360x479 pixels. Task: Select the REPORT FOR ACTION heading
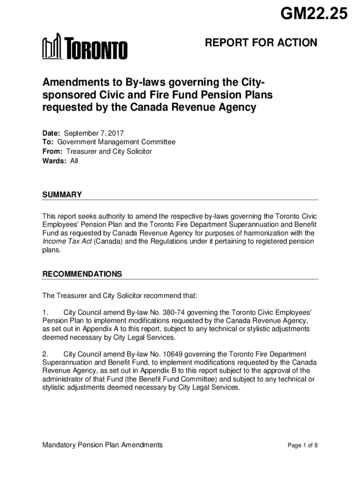coord(261,44)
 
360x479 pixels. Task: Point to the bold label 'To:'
coord(49,142)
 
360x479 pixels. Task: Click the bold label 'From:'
coord(53,152)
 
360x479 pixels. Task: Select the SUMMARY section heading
coord(62,195)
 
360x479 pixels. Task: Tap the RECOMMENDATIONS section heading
coord(82,274)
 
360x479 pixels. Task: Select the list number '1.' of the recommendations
coord(46,312)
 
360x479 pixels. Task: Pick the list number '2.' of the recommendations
coord(46,354)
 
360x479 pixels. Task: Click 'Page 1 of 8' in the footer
coord(302,445)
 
